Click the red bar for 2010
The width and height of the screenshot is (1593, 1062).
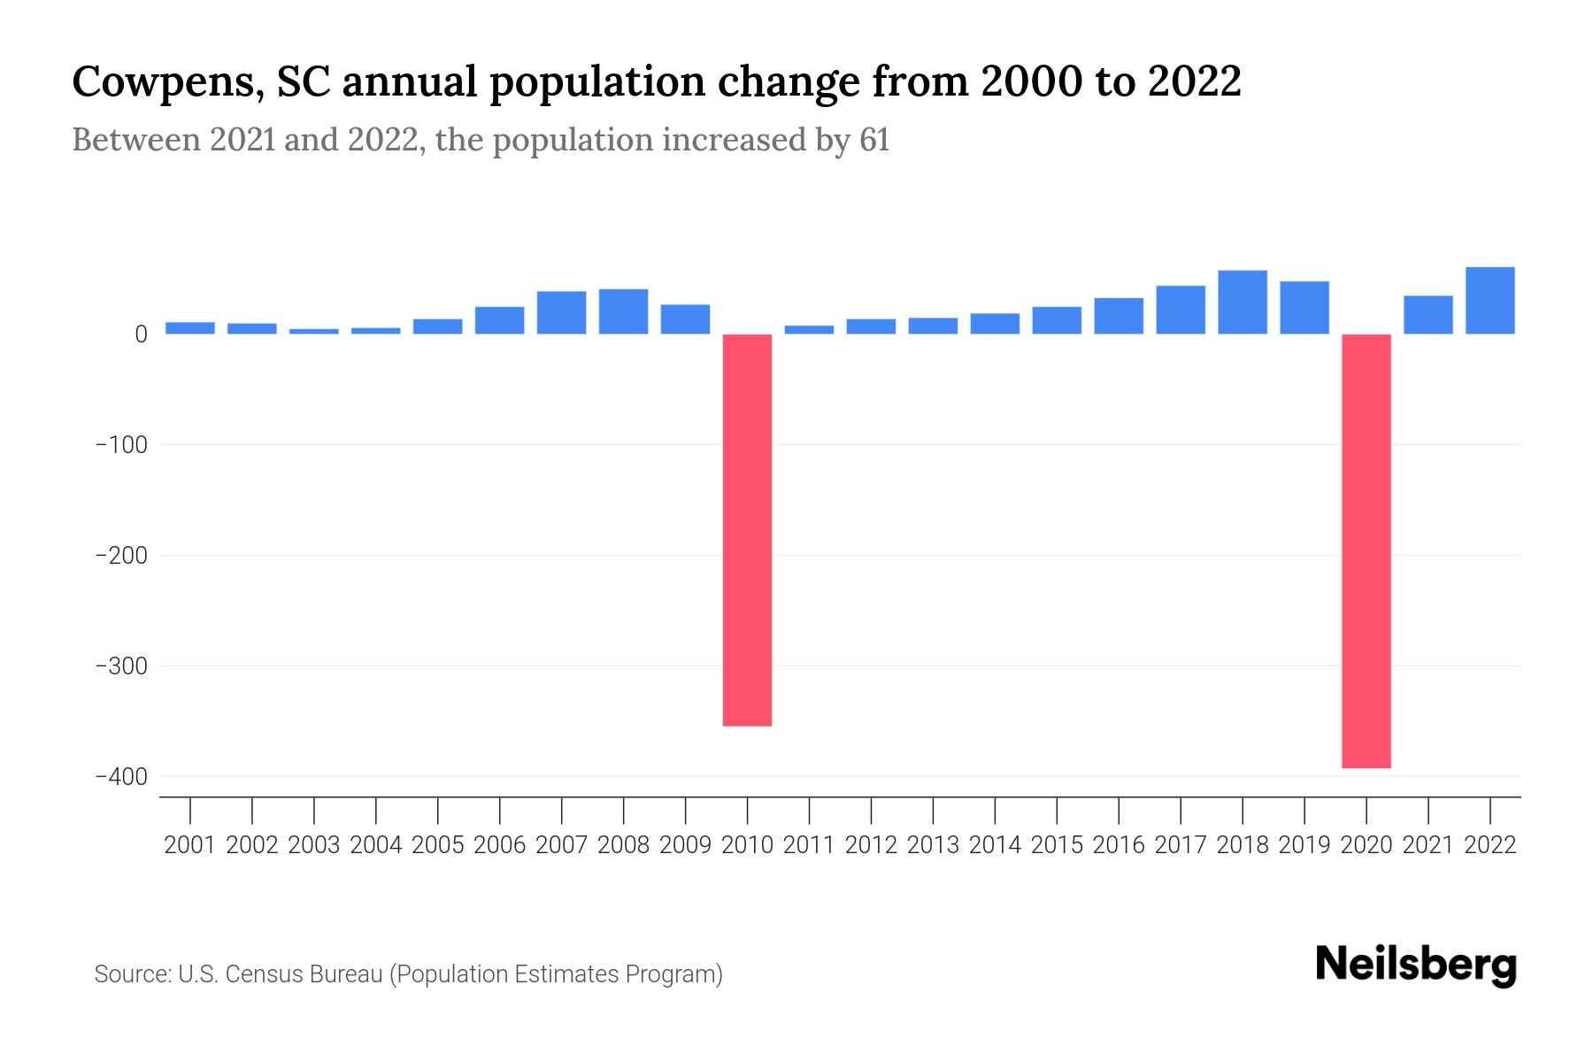pos(747,529)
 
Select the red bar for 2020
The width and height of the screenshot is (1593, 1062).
pos(1366,550)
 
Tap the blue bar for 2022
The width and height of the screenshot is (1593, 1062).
pos(1489,300)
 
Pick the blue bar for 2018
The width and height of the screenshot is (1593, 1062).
pos(1242,302)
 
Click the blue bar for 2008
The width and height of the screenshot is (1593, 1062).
pos(623,312)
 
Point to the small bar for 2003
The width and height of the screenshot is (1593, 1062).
pos(313,331)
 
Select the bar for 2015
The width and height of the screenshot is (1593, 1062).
pos(1056,320)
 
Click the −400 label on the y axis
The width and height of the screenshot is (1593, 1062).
pos(121,777)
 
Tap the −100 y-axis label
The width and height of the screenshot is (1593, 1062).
pos(121,445)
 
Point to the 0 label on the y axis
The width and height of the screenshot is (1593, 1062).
pos(141,335)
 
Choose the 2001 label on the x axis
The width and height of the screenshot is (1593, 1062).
pos(190,845)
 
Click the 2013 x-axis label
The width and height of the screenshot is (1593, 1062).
pos(933,845)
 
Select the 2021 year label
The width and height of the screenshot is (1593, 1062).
pos(1428,845)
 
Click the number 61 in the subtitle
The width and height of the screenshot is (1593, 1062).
pos(873,141)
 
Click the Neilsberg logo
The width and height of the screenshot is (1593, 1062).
pos(1416,966)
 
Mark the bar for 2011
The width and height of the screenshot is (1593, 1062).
pos(809,329)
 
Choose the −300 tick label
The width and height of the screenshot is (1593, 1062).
pos(121,666)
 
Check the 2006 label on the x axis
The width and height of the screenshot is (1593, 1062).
pos(499,845)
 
